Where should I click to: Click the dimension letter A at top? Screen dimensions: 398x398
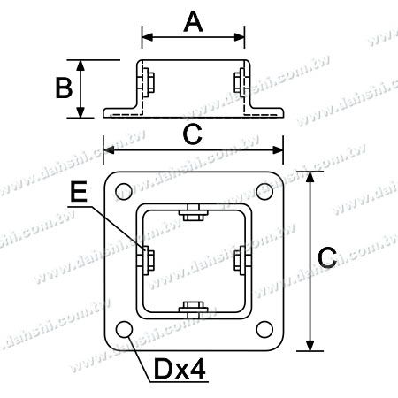[x=194, y=22]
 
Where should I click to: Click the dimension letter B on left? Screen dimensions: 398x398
[x=62, y=88]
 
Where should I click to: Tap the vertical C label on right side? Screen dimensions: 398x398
[x=326, y=257]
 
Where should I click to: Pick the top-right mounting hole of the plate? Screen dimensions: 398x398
[x=263, y=188]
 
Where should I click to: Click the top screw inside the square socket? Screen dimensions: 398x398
[x=194, y=214]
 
